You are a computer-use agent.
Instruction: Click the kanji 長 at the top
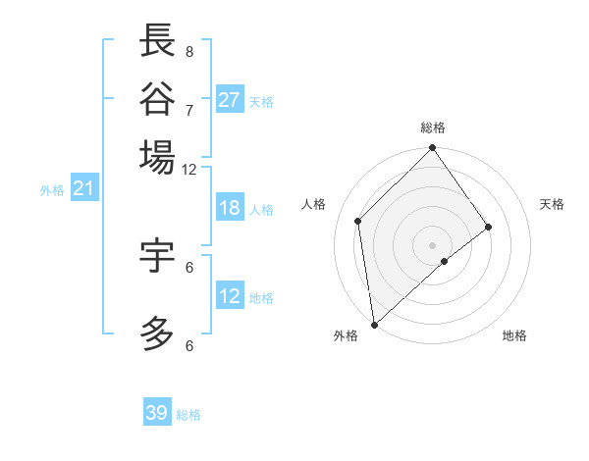[x=157, y=41]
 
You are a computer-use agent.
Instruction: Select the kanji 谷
[x=157, y=99]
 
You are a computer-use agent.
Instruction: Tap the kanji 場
[x=157, y=157]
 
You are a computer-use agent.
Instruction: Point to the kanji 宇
[x=157, y=255]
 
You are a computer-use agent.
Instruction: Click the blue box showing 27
[x=230, y=100]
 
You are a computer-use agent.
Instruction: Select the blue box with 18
[x=230, y=208]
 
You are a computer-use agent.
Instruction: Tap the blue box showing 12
[x=230, y=296]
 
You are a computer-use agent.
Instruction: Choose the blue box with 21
[x=83, y=188]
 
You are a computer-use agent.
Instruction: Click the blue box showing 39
[x=157, y=413]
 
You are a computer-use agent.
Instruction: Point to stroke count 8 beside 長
[x=188, y=51]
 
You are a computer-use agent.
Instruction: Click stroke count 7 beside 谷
[x=188, y=109]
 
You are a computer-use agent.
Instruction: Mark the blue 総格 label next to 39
[x=189, y=415]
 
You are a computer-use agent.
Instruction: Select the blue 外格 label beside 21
[x=52, y=190]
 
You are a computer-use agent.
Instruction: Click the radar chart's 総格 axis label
[x=433, y=128]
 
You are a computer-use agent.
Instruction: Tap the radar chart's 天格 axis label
[x=552, y=204]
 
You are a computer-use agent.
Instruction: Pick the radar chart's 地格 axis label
[x=514, y=335]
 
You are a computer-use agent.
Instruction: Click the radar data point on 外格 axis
[x=374, y=324]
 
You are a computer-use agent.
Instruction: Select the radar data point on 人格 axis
[x=358, y=221]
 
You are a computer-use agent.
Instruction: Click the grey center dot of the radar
[x=433, y=244]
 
